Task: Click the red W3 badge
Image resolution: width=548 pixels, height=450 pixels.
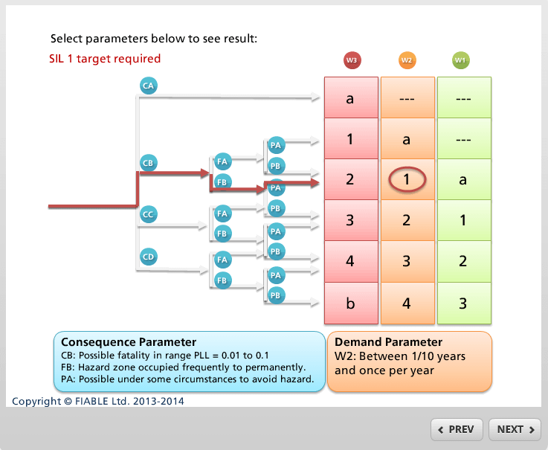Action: coord(352,60)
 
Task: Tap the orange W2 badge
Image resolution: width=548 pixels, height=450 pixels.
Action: coord(407,60)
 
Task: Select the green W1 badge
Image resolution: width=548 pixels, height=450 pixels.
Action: coord(461,60)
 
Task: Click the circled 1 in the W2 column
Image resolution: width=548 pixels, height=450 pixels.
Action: coord(407,179)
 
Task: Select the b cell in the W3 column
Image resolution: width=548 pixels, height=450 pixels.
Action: coord(350,303)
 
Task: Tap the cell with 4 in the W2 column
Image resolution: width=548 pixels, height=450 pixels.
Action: coord(407,303)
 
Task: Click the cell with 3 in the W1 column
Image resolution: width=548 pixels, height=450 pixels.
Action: coord(463,303)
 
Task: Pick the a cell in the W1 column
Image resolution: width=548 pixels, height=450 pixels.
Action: coord(463,179)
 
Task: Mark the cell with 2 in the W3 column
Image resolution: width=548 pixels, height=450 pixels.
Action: coord(350,179)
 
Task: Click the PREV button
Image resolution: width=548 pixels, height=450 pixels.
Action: coord(457,429)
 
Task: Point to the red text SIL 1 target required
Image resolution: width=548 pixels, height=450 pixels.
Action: coord(105,59)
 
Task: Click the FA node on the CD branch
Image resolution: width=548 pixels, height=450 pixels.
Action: coord(221,260)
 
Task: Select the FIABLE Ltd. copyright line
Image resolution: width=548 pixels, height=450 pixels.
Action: coord(98,401)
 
